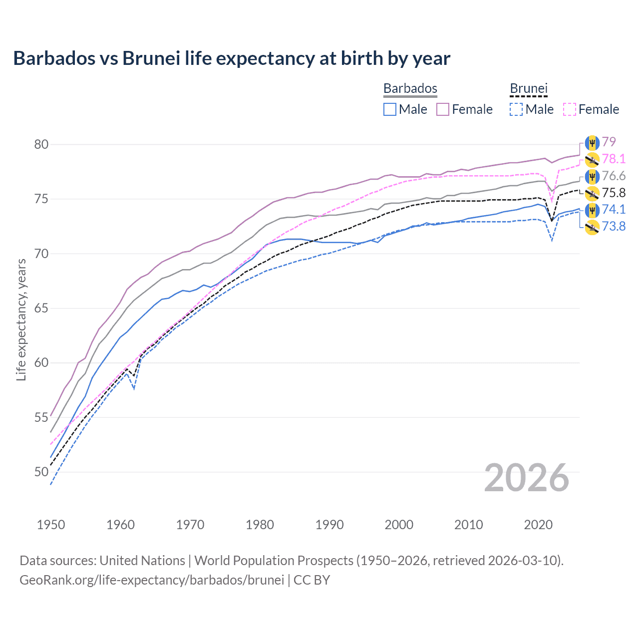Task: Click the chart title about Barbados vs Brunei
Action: [x=232, y=58]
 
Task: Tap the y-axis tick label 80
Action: [x=41, y=145]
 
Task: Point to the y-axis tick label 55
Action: [x=41, y=417]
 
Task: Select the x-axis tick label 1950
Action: [x=51, y=525]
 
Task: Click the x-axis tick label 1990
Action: [x=329, y=525]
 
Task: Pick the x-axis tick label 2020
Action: [x=538, y=525]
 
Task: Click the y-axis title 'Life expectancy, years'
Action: [x=21, y=319]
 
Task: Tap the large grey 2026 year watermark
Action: [x=526, y=478]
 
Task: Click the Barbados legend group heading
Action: [x=410, y=88]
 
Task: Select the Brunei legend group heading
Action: [x=529, y=88]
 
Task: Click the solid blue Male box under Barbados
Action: [x=390, y=109]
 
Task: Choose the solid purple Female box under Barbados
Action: [x=443, y=109]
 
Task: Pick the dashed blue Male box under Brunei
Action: [x=516, y=109]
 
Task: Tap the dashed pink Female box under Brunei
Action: [x=569, y=109]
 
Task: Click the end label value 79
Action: [x=609, y=142]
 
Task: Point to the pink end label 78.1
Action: [x=614, y=159]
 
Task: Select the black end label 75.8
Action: [x=614, y=193]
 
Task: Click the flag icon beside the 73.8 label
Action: [x=592, y=227]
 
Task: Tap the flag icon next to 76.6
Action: [x=592, y=176]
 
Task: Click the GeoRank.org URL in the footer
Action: [x=152, y=580]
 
